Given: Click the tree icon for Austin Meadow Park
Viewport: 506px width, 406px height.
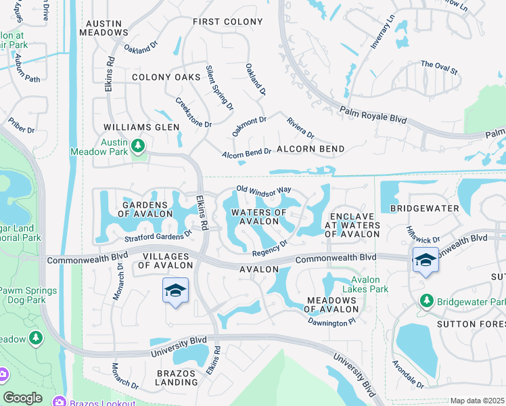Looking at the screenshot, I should [x=137, y=145].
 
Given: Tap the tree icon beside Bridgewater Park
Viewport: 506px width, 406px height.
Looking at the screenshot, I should [x=426, y=300].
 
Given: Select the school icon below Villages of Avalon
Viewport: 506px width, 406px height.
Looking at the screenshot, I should [x=176, y=291].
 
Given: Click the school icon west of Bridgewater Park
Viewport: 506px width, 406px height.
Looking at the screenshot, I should [x=425, y=260].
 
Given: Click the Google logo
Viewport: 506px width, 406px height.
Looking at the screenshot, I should [x=22, y=398].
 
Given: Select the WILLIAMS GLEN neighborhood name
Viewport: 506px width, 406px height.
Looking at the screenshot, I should [x=141, y=127].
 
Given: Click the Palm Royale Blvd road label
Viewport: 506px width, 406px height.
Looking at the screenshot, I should [x=374, y=112].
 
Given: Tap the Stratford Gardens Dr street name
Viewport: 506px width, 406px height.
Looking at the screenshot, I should [x=158, y=237].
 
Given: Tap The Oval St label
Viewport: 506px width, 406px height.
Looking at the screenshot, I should [x=439, y=68].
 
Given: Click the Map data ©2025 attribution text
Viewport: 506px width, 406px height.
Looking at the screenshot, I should [x=478, y=401].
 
